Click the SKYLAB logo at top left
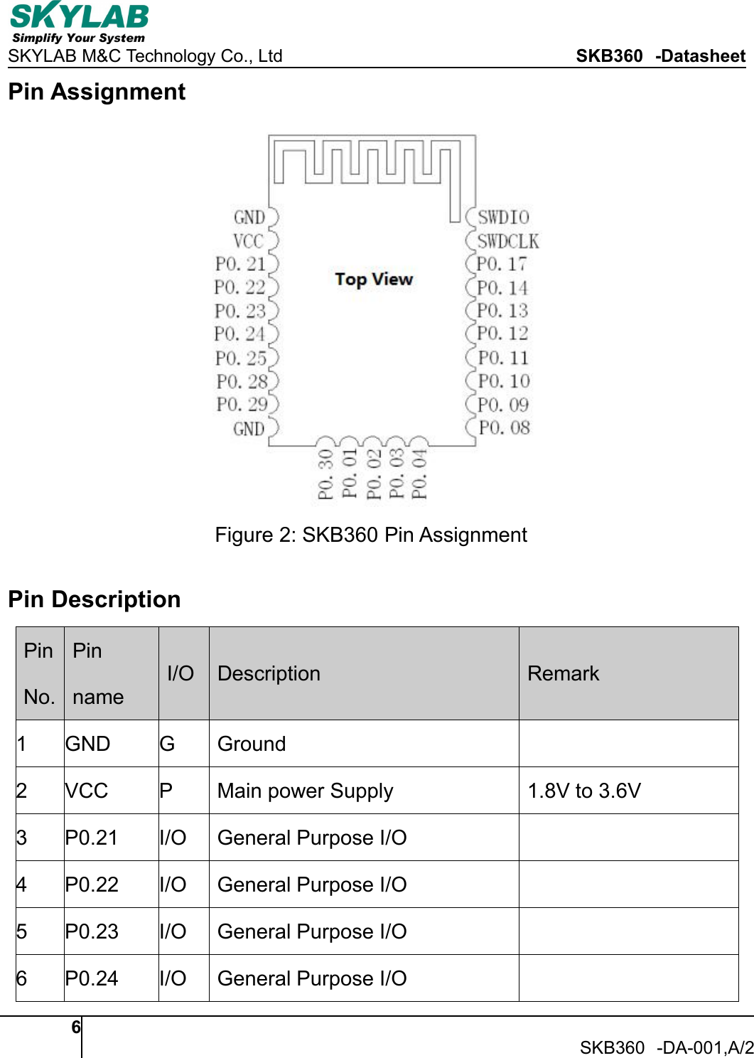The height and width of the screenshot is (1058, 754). tap(79, 22)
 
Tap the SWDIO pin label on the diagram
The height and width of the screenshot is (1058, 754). tap(503, 218)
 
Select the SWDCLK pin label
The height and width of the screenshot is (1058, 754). tap(508, 242)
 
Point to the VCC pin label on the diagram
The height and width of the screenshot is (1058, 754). tap(248, 242)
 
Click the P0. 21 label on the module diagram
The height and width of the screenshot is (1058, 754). tap(240, 264)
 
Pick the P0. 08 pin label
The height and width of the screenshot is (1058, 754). tap(504, 428)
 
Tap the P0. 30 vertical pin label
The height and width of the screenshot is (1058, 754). tap(325, 474)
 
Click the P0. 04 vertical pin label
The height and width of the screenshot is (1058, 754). tap(420, 474)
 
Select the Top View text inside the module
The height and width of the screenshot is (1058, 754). tap(374, 279)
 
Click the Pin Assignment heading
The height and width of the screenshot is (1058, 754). tap(97, 92)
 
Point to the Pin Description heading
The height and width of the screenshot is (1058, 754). tap(95, 599)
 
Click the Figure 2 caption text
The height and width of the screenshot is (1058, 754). tap(371, 535)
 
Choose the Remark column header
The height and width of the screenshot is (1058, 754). tap(563, 673)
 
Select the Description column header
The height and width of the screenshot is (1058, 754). tap(269, 673)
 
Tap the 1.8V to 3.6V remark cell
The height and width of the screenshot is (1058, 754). tap(584, 791)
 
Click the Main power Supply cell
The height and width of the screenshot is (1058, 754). tap(305, 791)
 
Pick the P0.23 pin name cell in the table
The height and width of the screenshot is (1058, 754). tap(92, 931)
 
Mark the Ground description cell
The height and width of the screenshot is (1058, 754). tap(252, 744)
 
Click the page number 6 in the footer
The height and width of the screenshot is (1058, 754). tap(76, 1027)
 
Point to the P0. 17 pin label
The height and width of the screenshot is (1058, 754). tap(502, 264)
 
